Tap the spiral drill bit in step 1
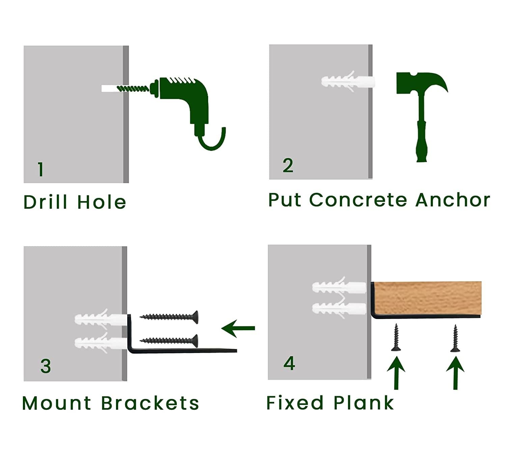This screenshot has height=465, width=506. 133,89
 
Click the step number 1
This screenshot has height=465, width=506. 41,169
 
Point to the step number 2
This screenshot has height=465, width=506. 288,166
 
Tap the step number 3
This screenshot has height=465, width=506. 46,366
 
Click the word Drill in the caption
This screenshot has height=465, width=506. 46,202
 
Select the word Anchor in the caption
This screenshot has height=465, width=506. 453,200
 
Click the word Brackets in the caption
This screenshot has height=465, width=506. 150,403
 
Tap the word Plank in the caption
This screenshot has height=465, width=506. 364,403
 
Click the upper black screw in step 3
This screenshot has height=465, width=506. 169,317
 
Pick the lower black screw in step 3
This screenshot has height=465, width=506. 169,341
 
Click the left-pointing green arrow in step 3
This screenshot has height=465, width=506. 238,328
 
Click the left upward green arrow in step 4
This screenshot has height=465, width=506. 396,373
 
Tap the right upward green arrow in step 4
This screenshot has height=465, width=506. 455,373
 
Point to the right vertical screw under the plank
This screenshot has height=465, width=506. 455,338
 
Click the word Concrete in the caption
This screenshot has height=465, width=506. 358,200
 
